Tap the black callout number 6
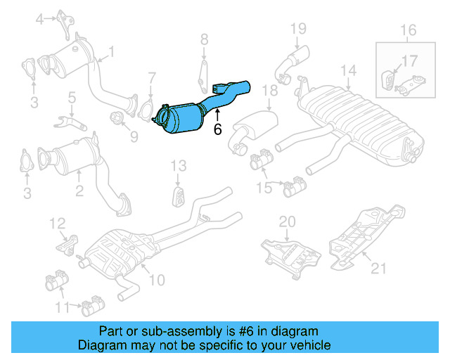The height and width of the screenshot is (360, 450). pyautogui.click(x=217, y=129)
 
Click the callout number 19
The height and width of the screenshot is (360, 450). pyautogui.click(x=299, y=28)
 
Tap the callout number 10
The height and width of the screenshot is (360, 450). pyautogui.click(x=156, y=280)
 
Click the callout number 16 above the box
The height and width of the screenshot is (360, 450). pyautogui.click(x=409, y=30)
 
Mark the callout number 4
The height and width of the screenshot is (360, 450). pyautogui.click(x=41, y=18)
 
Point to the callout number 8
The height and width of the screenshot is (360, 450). pyautogui.click(x=204, y=39)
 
